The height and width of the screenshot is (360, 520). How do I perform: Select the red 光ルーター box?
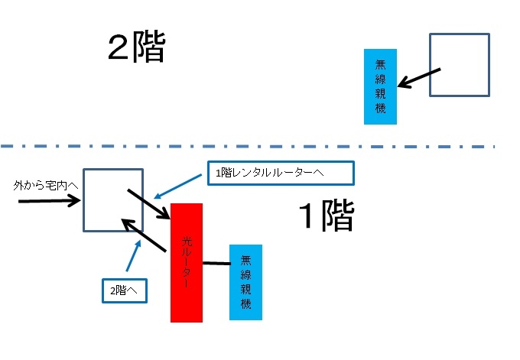pos(187,262)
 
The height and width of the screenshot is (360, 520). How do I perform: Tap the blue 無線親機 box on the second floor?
pos(380,86)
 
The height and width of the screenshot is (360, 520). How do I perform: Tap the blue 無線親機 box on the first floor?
pos(245,282)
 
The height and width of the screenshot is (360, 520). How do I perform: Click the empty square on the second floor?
pos(459,65)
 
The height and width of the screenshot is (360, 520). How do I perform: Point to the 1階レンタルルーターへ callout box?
pos(280,173)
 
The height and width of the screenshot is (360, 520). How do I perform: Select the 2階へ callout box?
pos(125,290)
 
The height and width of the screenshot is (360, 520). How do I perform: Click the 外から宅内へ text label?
pos(47,186)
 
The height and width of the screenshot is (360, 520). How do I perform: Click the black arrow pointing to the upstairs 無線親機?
pos(421,77)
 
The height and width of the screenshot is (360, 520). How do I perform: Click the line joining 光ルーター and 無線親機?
pos(216,264)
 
